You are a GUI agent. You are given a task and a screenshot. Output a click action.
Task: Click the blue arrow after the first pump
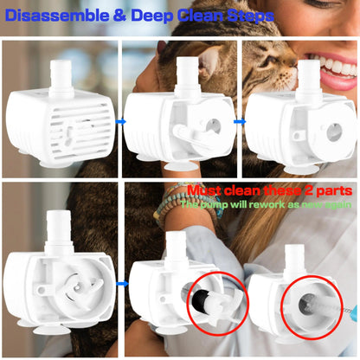click(120, 122)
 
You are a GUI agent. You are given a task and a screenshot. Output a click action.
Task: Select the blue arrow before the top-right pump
click(240, 122)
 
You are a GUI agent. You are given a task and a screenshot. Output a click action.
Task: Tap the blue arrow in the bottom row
click(120, 282)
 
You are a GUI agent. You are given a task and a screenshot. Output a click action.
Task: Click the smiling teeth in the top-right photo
click(334, 64)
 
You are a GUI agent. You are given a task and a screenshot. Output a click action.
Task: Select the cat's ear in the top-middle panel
click(208, 61)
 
